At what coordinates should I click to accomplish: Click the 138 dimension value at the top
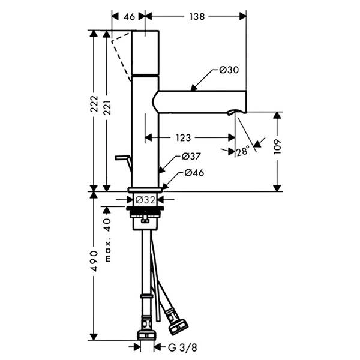point(197,17)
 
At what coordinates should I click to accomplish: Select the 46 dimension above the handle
point(129,17)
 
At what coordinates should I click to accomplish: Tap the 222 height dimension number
point(94,104)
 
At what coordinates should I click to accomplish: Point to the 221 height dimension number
point(107,107)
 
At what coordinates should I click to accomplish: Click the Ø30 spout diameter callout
point(229,70)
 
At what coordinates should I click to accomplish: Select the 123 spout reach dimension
point(183,138)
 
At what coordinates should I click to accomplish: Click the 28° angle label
point(242,151)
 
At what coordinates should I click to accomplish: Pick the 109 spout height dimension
point(277,147)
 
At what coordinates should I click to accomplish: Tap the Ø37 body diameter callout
point(191,157)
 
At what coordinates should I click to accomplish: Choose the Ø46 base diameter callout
point(194,173)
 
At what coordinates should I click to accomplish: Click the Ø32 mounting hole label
point(145,200)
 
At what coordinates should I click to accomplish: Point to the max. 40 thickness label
point(107,241)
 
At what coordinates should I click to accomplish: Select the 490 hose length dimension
point(94,261)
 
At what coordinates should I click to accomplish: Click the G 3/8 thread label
point(182,348)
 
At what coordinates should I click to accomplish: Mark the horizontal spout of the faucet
point(199,102)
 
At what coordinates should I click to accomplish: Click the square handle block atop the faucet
point(145,53)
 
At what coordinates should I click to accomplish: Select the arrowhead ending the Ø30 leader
point(194,88)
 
